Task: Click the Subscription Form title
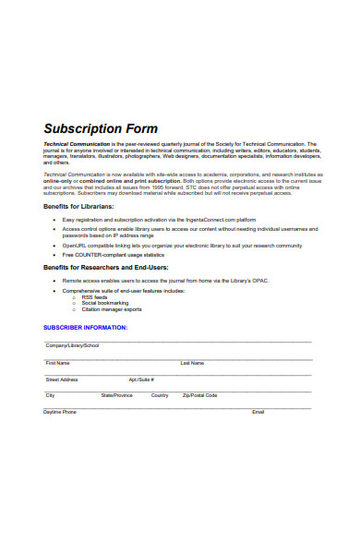[101, 129]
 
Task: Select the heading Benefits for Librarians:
[78, 207]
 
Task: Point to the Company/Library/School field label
[72, 344]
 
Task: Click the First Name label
[57, 362]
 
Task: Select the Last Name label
[192, 362]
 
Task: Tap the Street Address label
[62, 379]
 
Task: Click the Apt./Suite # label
[141, 379]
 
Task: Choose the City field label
[50, 395]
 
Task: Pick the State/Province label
[117, 395]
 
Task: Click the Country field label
[160, 395]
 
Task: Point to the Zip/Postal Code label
[199, 395]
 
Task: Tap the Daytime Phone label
[60, 412]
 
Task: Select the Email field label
[258, 412]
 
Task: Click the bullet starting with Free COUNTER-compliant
[116, 253]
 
